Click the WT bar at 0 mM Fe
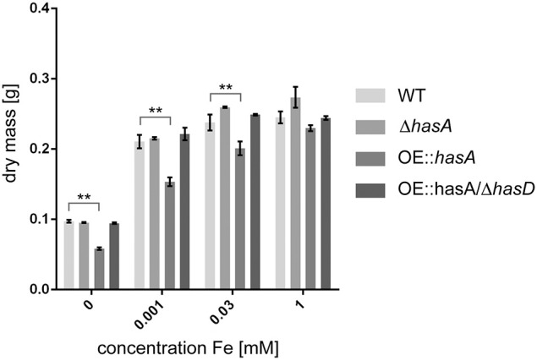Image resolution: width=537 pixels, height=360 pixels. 69,255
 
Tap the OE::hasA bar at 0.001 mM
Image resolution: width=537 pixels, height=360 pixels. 170,236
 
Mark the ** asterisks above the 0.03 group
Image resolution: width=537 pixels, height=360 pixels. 226,87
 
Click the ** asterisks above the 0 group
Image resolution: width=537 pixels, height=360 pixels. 85,197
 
